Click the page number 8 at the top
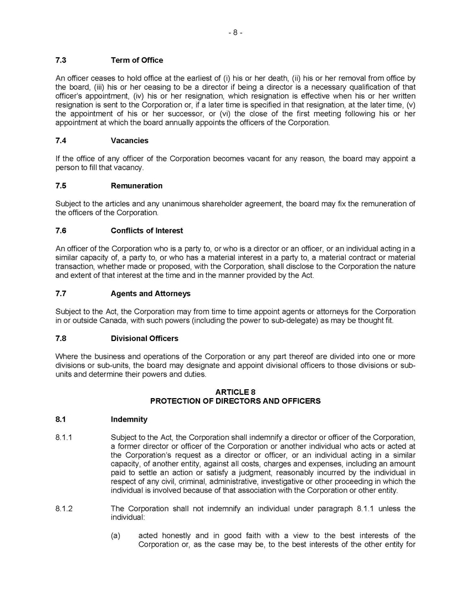[235, 33]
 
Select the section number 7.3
[61, 60]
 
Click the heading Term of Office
[137, 60]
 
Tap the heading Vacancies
[130, 141]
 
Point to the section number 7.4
[61, 141]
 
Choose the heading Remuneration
[136, 186]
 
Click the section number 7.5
[61, 186]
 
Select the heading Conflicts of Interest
[147, 231]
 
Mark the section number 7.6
[61, 231]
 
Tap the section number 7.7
[61, 293]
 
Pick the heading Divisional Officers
[145, 338]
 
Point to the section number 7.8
[61, 338]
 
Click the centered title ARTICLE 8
[235, 392]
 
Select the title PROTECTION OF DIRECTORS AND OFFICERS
[235, 400]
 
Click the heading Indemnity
[129, 420]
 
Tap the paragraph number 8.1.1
[64, 437]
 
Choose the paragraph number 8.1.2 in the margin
[64, 509]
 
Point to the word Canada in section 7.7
[106, 321]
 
